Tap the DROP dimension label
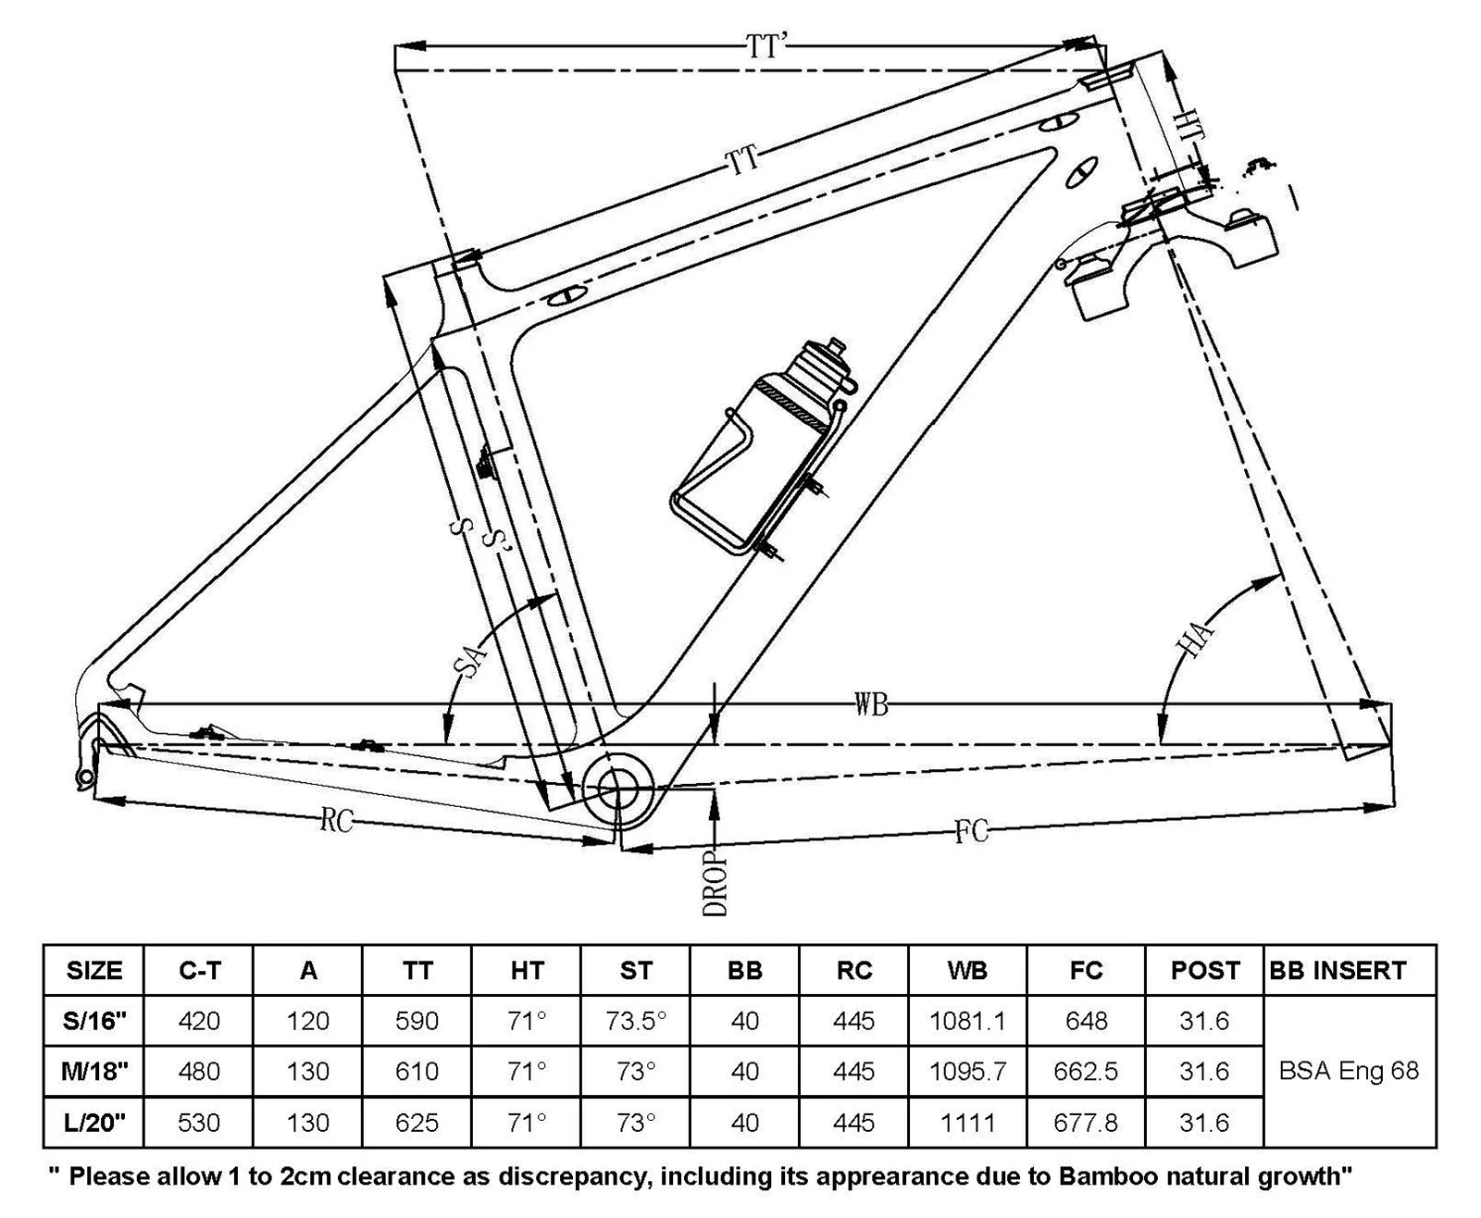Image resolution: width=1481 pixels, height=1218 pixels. coord(715,883)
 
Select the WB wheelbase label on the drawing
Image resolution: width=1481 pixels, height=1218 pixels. coord(871,704)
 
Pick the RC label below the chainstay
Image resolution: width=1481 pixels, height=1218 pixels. coord(336,820)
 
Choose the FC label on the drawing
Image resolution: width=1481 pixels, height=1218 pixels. coord(971,832)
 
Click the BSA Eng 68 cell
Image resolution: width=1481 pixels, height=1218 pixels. coord(1349,1071)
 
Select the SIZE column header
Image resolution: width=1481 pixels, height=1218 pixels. coord(94,971)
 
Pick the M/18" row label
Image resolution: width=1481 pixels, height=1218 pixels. coord(95,1071)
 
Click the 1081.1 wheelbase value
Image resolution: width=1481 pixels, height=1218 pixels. coord(967,1021)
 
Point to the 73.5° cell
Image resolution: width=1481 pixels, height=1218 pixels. coord(636,1021)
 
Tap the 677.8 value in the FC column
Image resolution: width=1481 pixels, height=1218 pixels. coord(1086,1123)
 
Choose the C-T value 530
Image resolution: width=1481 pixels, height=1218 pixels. coord(199,1123)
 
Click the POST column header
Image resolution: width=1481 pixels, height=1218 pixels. coord(1205,971)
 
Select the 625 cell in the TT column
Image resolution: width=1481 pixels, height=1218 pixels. coord(417,1123)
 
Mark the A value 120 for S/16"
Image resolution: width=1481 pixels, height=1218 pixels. coord(307,1021)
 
